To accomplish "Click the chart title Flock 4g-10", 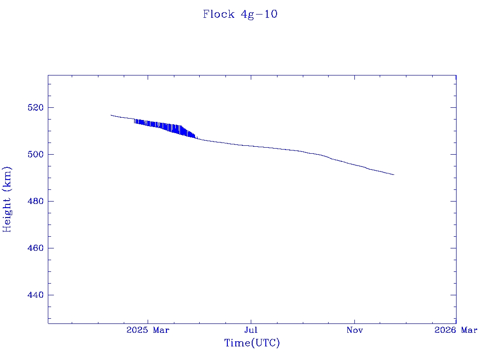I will (240, 14).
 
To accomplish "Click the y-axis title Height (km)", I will (7, 199).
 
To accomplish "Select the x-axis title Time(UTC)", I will (252, 343).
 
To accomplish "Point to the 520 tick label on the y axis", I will (36, 108).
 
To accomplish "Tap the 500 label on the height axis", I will (36, 155).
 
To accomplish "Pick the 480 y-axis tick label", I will (36, 202).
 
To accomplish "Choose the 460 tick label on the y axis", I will (36, 248).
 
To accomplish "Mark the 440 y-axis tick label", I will (36, 295).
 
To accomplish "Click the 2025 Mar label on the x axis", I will (148, 330).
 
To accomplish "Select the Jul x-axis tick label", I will (251, 330).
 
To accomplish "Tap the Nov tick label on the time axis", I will (354, 330).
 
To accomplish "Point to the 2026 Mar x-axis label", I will (456, 330).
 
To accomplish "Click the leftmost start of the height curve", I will (111, 115).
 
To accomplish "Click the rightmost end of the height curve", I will (394, 174).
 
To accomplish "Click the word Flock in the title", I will (218, 14).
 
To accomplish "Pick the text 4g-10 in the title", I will (259, 14).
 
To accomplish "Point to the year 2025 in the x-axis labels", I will (137, 330).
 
